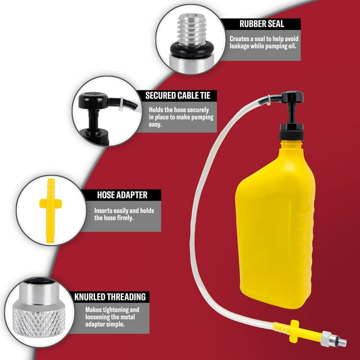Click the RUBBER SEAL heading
tap(262, 24)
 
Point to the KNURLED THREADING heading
tap(110, 297)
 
